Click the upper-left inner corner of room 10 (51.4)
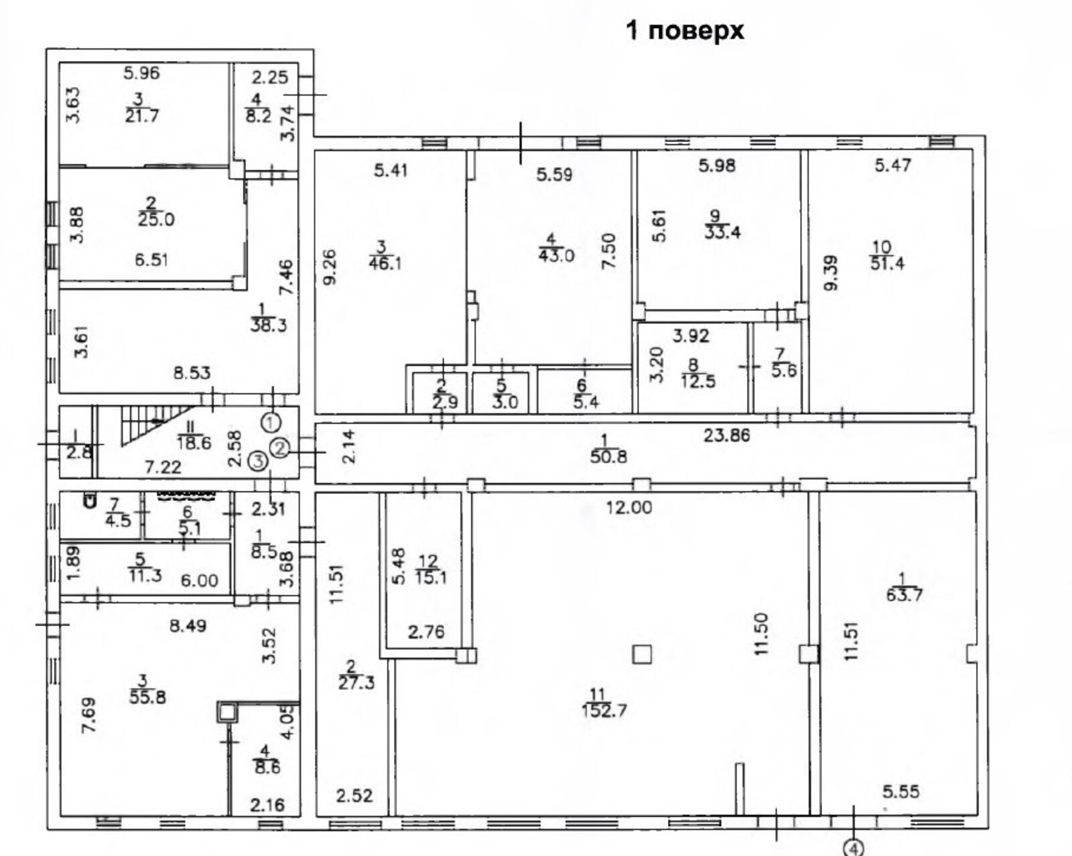(809, 151)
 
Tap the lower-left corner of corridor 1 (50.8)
(316, 483)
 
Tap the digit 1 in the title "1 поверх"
(632, 31)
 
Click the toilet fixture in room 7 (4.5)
(90, 500)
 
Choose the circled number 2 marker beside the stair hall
(279, 448)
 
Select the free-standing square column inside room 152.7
(643, 654)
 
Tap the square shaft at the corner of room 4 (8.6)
(226, 711)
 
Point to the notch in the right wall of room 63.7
(971, 654)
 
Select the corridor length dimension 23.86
(726, 436)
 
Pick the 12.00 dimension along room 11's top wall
(628, 508)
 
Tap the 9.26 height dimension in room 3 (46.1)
(329, 267)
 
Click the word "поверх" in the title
(697, 31)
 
